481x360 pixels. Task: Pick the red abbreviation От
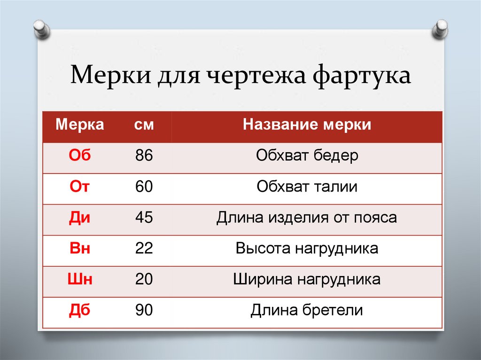pos(80,186)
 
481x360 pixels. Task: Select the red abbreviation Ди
pos(80,217)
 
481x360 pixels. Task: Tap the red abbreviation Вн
pos(80,248)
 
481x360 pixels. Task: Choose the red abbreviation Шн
pos(80,279)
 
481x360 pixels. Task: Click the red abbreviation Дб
pos(80,310)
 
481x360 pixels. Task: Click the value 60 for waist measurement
pos(144,186)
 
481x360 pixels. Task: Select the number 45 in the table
pos(144,217)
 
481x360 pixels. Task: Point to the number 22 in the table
pos(144,248)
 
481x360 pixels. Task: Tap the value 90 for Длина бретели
pos(144,310)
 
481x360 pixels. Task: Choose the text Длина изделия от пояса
pos(307,217)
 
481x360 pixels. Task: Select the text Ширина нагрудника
pos(307,279)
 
